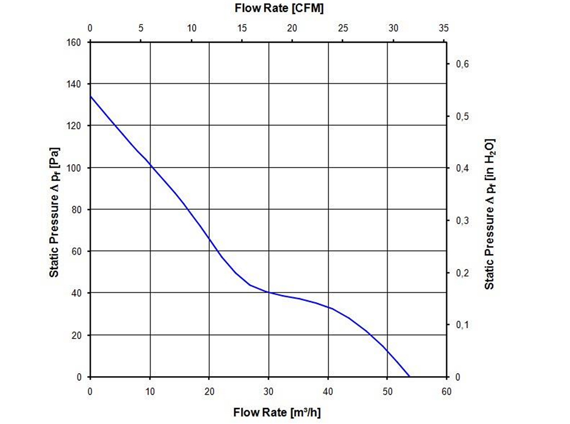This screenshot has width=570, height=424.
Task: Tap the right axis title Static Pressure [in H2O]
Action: [489, 213]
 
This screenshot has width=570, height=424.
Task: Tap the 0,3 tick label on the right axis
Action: [462, 221]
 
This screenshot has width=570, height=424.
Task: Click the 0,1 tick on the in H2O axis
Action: [462, 325]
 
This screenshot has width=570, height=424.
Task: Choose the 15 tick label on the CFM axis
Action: [242, 28]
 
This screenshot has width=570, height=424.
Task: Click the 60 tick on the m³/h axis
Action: [446, 391]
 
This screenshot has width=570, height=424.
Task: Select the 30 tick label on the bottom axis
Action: [268, 391]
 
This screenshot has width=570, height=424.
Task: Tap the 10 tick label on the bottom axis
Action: [150, 391]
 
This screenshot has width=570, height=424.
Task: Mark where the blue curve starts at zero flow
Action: [91, 96]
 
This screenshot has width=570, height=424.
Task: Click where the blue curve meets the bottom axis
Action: [409, 376]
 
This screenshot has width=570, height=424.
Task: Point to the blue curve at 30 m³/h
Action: [268, 292]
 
